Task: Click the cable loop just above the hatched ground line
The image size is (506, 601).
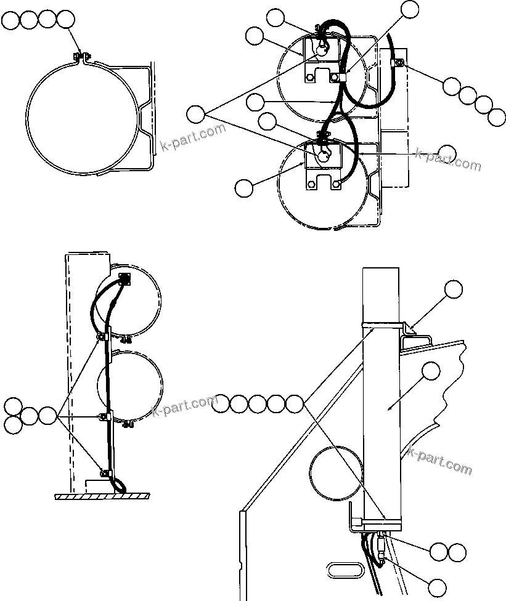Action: pyautogui.click(x=119, y=487)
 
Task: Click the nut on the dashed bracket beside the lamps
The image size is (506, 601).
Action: pyautogui.click(x=399, y=62)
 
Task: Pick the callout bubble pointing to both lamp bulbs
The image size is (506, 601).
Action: pyautogui.click(x=197, y=114)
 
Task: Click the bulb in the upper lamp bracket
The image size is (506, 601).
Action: pyautogui.click(x=321, y=50)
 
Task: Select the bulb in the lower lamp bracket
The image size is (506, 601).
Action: pyautogui.click(x=323, y=155)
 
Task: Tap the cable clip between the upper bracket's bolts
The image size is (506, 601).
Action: pyautogui.click(x=343, y=76)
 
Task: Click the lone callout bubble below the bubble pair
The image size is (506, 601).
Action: pyautogui.click(x=438, y=587)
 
